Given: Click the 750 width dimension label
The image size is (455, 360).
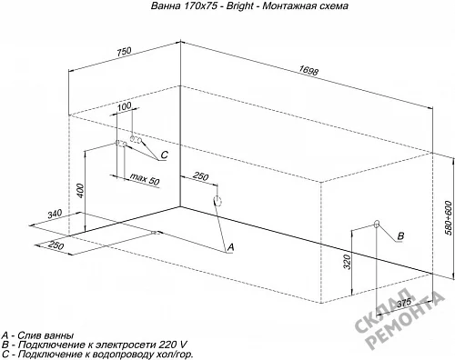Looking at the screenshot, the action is click(x=125, y=51).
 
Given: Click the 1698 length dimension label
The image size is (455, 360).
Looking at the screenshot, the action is click(x=308, y=71).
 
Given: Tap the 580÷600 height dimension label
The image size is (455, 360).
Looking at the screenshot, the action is click(x=449, y=217).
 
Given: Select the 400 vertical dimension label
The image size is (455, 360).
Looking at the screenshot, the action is click(x=80, y=190).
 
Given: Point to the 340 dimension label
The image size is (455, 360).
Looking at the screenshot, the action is click(x=55, y=214).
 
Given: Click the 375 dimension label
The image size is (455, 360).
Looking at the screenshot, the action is click(x=404, y=302).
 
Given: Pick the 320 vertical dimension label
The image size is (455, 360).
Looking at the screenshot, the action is click(x=347, y=262).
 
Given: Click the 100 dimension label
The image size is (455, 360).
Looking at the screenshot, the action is click(x=124, y=106).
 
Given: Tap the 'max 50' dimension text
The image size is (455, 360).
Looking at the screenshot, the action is click(x=145, y=179).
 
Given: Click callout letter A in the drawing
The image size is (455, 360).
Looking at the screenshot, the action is click(x=231, y=247).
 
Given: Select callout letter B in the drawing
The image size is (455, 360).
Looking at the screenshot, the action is click(x=400, y=235).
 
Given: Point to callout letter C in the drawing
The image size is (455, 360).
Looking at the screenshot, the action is click(x=164, y=155).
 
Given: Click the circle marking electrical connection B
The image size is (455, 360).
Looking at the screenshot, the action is click(x=377, y=225).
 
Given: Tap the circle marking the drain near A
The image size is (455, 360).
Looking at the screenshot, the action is click(x=217, y=201).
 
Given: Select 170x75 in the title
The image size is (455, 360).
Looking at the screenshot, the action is click(x=200, y=5).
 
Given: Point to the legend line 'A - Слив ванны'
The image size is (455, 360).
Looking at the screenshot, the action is click(x=37, y=335).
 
